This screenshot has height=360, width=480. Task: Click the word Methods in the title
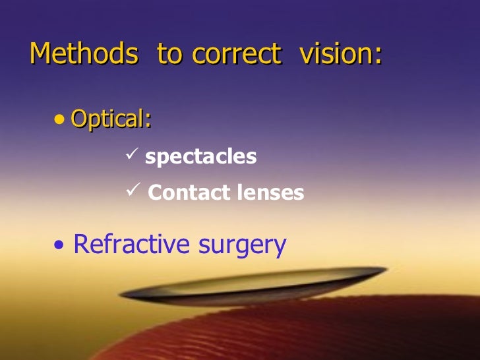(85, 54)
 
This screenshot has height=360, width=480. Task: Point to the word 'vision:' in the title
(340, 54)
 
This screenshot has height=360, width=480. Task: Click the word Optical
(109, 119)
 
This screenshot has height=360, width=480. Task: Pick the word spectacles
(200, 158)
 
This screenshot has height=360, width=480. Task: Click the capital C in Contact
(155, 193)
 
